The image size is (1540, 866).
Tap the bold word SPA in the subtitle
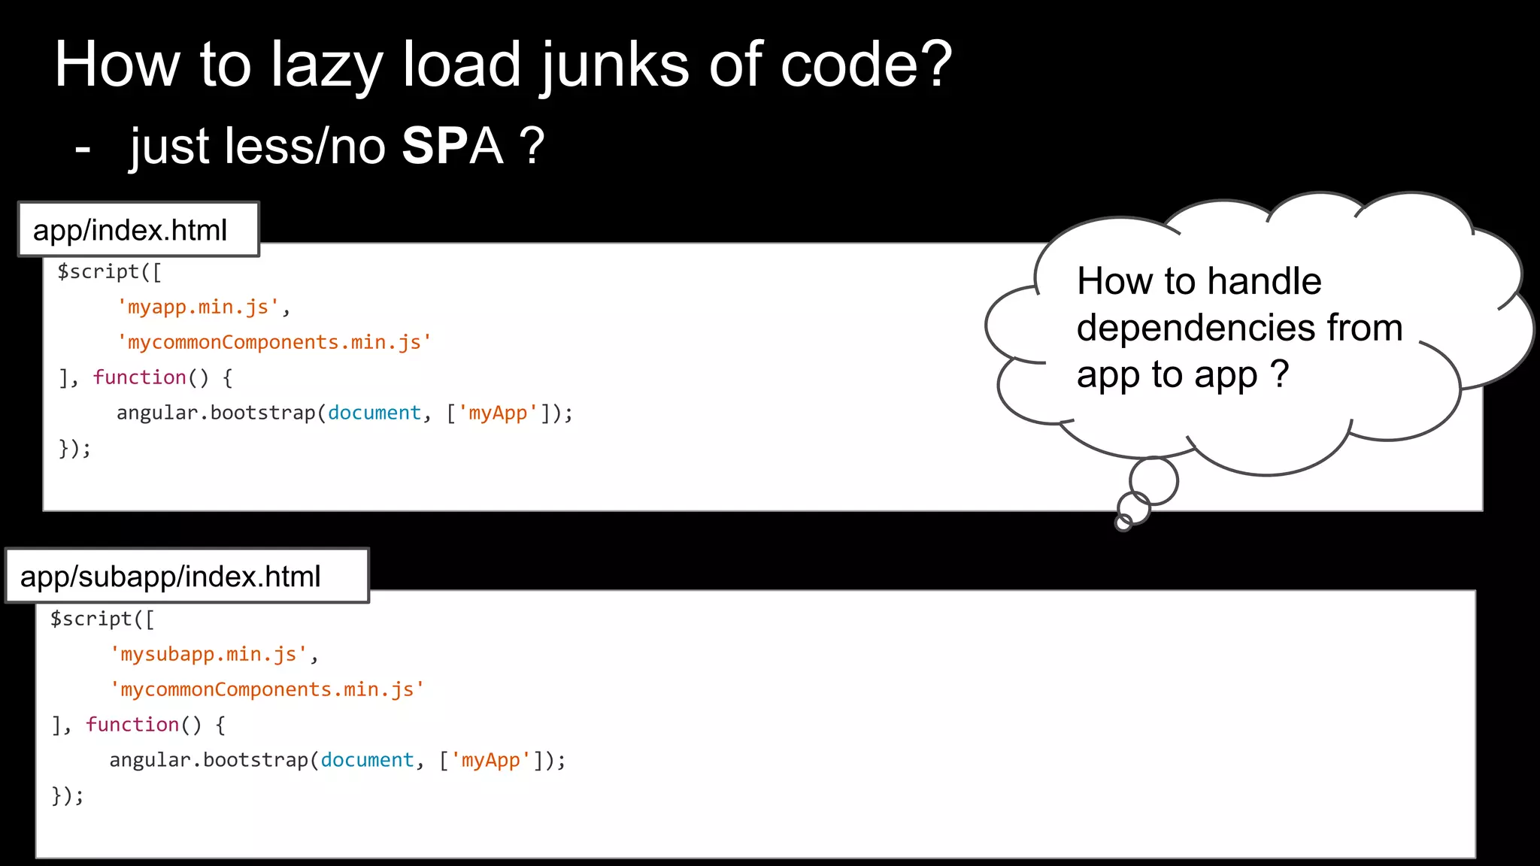pyautogui.click(x=452, y=146)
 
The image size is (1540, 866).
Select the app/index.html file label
pyautogui.click(x=130, y=230)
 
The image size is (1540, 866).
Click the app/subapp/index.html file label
pyautogui.click(x=171, y=577)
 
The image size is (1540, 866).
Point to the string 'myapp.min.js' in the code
pyautogui.click(x=199, y=307)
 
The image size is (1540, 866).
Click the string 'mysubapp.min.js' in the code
pyautogui.click(x=208, y=654)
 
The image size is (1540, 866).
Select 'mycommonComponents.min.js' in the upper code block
pyautogui.click(x=274, y=342)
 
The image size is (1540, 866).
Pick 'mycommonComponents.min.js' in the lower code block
pyautogui.click(x=267, y=689)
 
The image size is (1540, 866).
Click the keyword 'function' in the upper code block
pyautogui.click(x=140, y=377)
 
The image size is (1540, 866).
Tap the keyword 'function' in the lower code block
pyautogui.click(x=132, y=725)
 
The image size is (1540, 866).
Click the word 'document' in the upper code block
pyautogui.click(x=374, y=413)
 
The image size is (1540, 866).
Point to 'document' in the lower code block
pyautogui.click(x=367, y=760)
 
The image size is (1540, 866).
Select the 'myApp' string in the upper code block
pyautogui.click(x=498, y=413)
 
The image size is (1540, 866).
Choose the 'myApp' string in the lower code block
pyautogui.click(x=491, y=760)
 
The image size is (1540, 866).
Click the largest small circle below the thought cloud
pyautogui.click(x=1153, y=480)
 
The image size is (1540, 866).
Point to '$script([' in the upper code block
pyautogui.click(x=110, y=271)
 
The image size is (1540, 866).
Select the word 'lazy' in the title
pyautogui.click(x=326, y=66)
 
